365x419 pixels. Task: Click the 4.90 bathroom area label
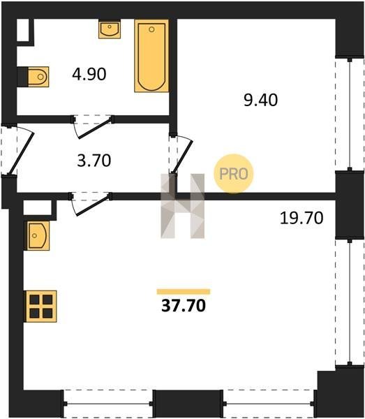pos(89,74)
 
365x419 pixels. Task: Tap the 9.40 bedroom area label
pos(260,100)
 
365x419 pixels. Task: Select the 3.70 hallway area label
pos(94,161)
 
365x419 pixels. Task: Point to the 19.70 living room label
pos(301,218)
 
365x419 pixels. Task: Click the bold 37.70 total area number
pos(184,305)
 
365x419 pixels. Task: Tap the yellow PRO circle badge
pos(233,174)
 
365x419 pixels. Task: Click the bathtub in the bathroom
pos(151,56)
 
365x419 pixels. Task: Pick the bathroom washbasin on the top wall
pos(110,29)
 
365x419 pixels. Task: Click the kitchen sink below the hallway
pos(37,235)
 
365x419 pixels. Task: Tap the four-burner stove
pos(40,307)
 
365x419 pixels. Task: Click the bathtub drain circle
pos(151,29)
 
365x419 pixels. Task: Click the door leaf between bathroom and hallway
pos(94,128)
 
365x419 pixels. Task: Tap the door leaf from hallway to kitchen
pos(92,205)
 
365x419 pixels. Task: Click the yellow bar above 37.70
pos(184,291)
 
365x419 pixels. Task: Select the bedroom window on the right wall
pos(350,115)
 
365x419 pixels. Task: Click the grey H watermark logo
pos(183,206)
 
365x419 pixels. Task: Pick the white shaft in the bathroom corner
pos(23,30)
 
